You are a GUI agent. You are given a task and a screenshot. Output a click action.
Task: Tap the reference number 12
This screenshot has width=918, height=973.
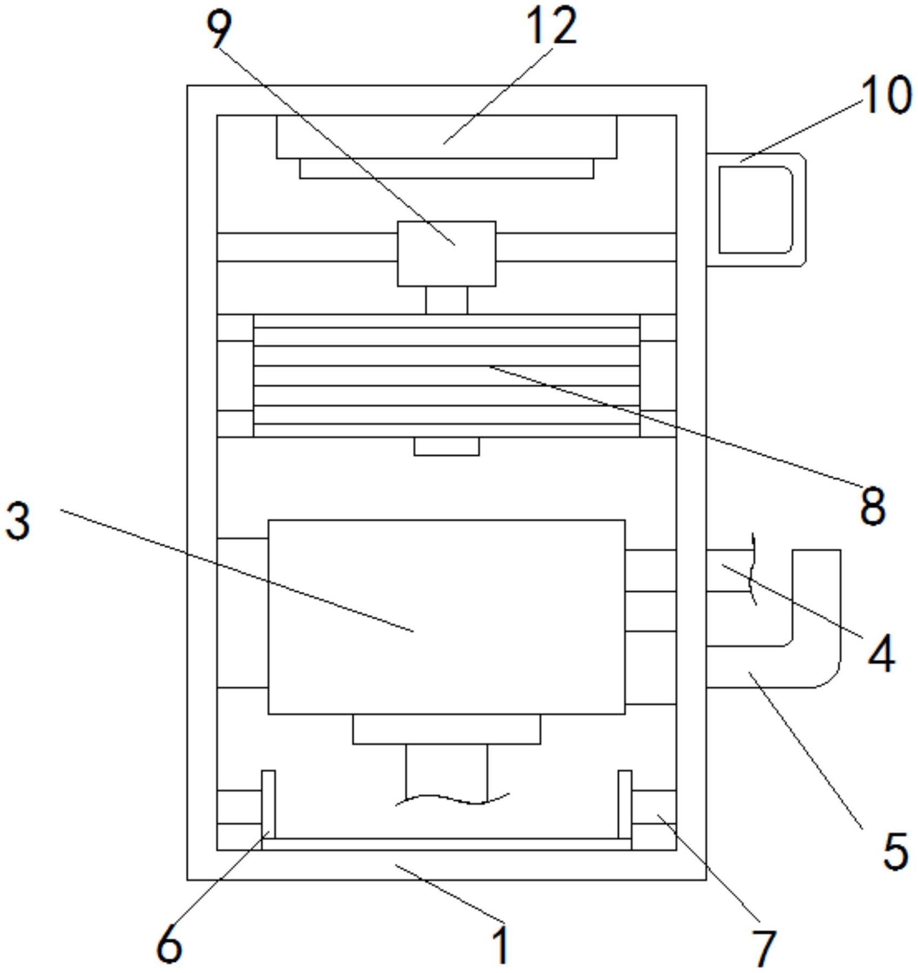tap(551, 26)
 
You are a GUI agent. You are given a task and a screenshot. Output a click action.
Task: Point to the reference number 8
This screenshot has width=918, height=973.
tap(873, 506)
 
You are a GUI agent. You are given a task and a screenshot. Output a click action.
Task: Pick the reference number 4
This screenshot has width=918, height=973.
tap(881, 654)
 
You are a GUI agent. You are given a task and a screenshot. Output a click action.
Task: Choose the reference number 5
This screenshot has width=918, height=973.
tap(895, 850)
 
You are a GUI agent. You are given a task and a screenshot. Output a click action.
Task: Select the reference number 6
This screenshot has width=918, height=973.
tap(169, 943)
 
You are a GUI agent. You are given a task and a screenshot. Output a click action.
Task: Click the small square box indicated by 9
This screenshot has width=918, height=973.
tap(446, 254)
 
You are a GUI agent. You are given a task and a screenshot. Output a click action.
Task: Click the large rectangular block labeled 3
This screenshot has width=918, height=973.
tap(446, 617)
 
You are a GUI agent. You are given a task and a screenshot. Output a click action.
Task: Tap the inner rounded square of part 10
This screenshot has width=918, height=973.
tap(755, 210)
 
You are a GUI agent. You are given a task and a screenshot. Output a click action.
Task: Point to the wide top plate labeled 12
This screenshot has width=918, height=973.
tap(446, 137)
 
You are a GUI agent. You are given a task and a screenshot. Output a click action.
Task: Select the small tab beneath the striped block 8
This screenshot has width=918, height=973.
tap(446, 447)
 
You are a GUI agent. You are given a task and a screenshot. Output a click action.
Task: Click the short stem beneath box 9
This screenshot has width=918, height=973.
tap(446, 300)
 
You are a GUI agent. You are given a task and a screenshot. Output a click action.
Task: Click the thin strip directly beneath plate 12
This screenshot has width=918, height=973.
tap(446, 168)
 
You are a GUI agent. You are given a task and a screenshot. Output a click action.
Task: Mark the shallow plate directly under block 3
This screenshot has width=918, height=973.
tap(446, 729)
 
